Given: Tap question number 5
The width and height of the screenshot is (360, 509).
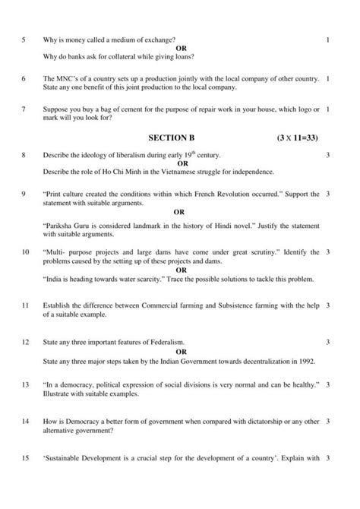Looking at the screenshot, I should coord(24,39).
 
